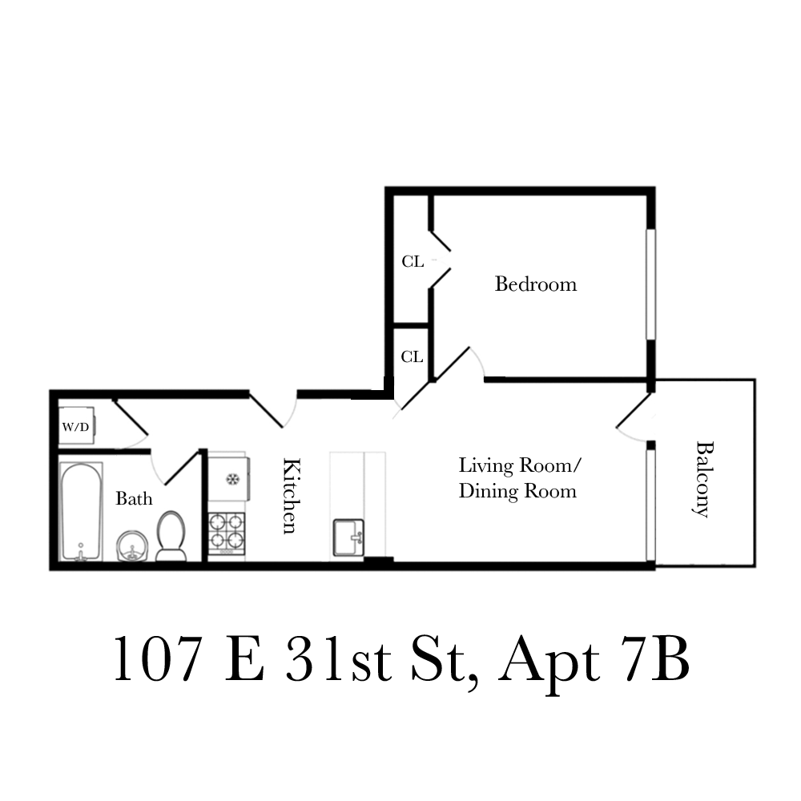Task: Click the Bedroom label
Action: [x=535, y=284]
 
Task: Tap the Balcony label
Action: [x=702, y=479]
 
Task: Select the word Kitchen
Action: [x=292, y=495]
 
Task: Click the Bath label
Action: [x=134, y=499]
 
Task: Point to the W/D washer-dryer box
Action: [x=77, y=426]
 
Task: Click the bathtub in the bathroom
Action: [x=81, y=511]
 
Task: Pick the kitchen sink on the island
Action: [x=348, y=537]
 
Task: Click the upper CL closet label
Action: [x=413, y=261]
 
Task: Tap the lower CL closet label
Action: [x=412, y=357]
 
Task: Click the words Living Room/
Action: [x=519, y=465]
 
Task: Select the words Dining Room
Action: [x=517, y=491]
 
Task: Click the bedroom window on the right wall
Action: [x=651, y=284]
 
